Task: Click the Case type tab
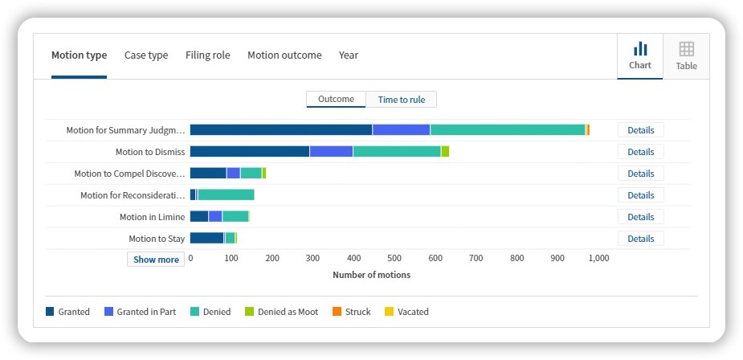click(x=146, y=55)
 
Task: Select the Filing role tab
click(x=207, y=55)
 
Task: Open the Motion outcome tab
click(x=284, y=55)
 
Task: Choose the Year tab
click(x=349, y=55)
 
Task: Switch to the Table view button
click(x=686, y=56)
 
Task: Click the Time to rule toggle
click(x=402, y=100)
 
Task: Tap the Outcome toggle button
click(x=336, y=99)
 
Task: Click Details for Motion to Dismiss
click(x=641, y=152)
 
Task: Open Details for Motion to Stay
click(x=641, y=239)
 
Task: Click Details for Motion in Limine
click(x=641, y=217)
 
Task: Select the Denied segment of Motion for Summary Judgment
click(x=508, y=130)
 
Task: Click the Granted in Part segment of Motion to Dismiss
click(x=331, y=152)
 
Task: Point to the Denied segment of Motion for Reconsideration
click(x=226, y=195)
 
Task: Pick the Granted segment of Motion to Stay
click(x=207, y=238)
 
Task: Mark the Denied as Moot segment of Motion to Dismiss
click(x=446, y=152)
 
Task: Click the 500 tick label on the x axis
click(x=394, y=258)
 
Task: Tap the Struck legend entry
click(x=352, y=312)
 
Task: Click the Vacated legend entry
click(x=406, y=312)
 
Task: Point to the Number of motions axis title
click(x=371, y=275)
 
